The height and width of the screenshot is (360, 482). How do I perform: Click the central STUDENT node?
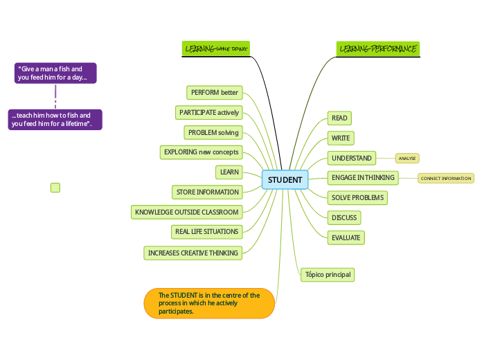(x=285, y=180)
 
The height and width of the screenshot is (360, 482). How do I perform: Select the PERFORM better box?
(x=214, y=92)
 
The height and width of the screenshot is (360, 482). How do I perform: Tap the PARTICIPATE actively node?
(x=208, y=112)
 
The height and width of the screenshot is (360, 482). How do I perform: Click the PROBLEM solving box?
(x=213, y=132)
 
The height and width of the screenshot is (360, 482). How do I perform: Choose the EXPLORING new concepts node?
(x=201, y=152)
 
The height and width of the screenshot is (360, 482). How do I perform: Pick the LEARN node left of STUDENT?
(x=229, y=172)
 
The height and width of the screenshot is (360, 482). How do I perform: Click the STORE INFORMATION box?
(x=207, y=192)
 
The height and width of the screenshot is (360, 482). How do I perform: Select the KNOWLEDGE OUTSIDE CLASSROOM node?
(x=186, y=212)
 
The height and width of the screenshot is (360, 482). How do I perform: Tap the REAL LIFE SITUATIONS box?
(x=206, y=231)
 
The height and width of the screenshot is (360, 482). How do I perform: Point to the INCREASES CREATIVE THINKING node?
(x=193, y=253)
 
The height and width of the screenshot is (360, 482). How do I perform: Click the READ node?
(x=339, y=118)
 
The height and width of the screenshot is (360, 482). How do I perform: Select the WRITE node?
(x=340, y=138)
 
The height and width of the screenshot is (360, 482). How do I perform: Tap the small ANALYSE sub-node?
(x=407, y=159)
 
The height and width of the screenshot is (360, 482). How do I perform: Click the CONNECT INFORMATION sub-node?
(x=445, y=179)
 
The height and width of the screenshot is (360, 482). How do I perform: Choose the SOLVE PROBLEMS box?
(x=357, y=197)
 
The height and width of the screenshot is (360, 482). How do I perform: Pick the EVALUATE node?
(x=346, y=237)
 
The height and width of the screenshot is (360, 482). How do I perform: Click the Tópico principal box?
(x=328, y=274)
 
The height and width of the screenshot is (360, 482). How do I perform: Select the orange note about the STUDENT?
(x=209, y=303)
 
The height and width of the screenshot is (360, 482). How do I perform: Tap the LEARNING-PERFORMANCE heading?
(x=377, y=49)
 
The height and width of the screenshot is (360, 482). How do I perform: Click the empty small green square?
(x=55, y=188)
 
